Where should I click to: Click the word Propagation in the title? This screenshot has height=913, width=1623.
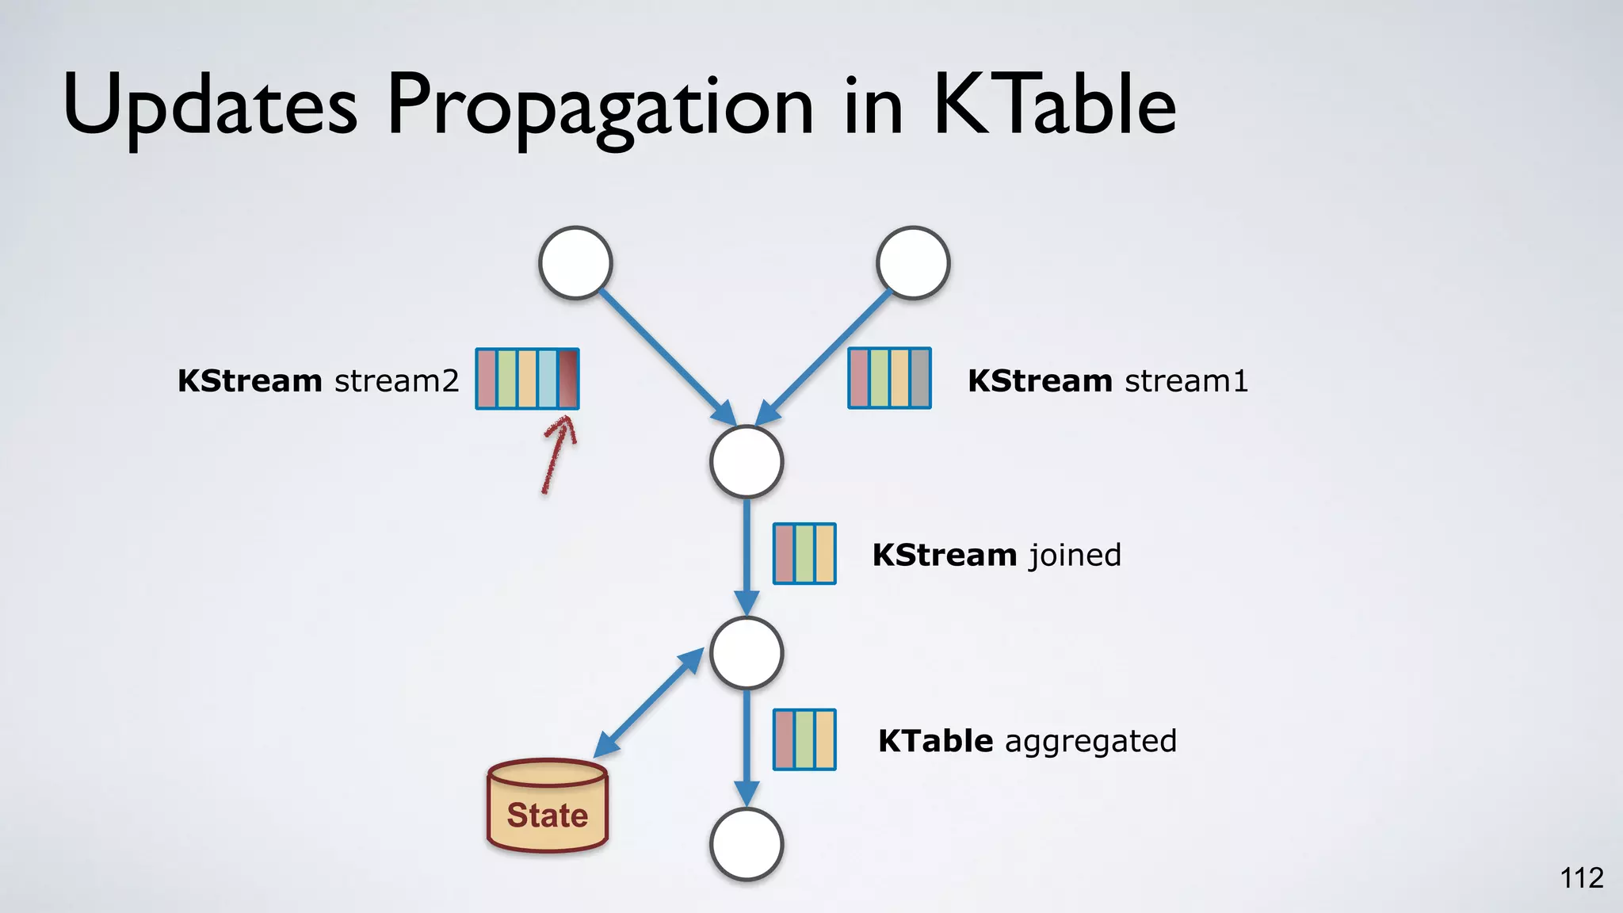point(600,107)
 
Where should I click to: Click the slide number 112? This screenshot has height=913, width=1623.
point(1581,878)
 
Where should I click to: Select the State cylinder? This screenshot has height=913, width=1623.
point(548,806)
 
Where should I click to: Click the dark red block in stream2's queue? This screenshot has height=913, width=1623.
point(568,379)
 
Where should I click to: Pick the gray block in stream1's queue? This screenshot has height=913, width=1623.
point(919,378)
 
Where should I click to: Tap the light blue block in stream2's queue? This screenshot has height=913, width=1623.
point(548,379)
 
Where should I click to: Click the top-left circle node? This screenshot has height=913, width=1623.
point(575,263)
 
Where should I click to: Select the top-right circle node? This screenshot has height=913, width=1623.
point(913,263)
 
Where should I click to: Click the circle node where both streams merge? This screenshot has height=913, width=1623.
point(747,462)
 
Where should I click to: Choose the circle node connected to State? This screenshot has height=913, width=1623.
point(747,653)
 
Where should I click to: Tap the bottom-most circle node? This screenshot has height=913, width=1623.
point(747,844)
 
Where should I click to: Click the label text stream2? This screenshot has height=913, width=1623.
point(396,381)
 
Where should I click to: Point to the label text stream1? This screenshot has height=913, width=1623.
point(1186,381)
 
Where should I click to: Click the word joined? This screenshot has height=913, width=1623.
point(1075,555)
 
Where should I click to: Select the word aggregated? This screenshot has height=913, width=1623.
point(1090,742)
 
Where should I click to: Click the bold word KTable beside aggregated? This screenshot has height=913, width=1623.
point(935,741)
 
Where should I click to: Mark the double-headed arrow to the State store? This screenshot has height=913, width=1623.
point(648,702)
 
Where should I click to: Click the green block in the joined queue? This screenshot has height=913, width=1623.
point(804,553)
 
